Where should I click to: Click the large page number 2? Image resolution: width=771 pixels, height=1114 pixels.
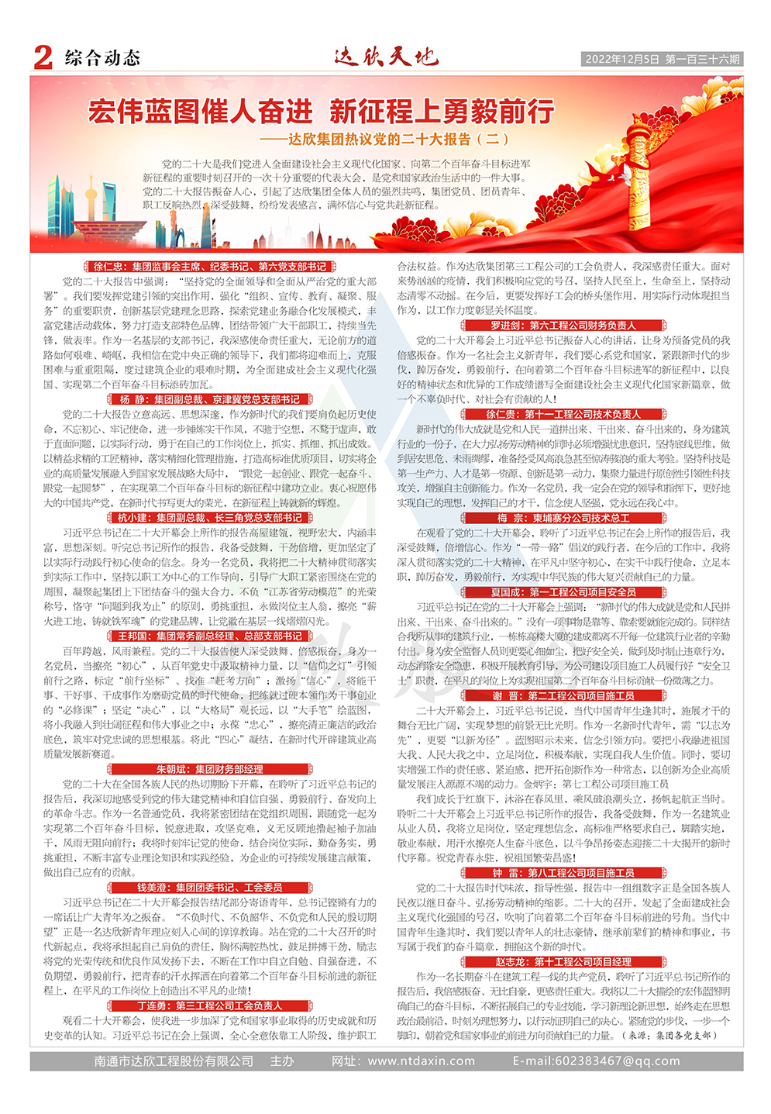click(x=43, y=57)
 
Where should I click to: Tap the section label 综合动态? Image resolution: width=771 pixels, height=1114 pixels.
click(x=102, y=58)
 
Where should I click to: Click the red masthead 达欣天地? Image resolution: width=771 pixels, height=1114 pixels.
click(x=386, y=57)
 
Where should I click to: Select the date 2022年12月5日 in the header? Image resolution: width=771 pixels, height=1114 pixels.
click(x=621, y=59)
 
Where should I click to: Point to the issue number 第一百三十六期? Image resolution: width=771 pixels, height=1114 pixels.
click(x=702, y=59)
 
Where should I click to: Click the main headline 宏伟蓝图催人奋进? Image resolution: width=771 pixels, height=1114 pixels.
click(x=201, y=112)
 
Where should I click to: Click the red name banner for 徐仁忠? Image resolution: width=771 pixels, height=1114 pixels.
click(x=210, y=267)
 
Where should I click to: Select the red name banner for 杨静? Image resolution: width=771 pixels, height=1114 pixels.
click(x=210, y=399)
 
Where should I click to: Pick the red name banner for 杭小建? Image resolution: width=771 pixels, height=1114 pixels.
click(x=210, y=518)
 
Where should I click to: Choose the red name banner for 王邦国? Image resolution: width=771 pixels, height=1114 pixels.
click(x=210, y=636)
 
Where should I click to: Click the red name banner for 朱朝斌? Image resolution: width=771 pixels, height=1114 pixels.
click(x=210, y=769)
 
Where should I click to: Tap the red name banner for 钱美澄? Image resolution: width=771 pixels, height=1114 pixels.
click(x=210, y=888)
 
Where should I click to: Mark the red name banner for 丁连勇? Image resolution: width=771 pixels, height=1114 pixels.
click(x=210, y=1005)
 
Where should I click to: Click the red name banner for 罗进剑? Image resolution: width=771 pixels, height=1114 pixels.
click(x=563, y=326)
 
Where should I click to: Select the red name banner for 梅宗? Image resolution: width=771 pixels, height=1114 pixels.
click(x=563, y=518)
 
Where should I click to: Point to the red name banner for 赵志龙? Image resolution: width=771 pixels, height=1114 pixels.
click(x=563, y=961)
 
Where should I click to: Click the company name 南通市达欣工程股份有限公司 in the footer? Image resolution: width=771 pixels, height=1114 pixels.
click(x=174, y=1061)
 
